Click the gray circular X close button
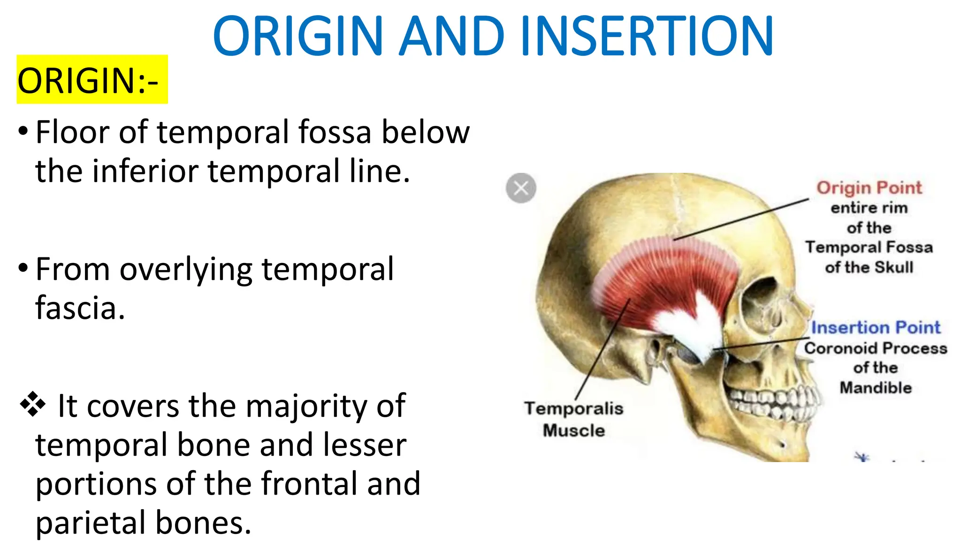(x=521, y=188)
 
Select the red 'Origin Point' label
(x=869, y=188)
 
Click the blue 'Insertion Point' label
(x=876, y=327)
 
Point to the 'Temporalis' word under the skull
(x=574, y=409)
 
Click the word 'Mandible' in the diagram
(x=876, y=388)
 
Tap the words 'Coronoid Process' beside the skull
(x=876, y=348)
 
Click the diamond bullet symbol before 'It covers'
(x=33, y=404)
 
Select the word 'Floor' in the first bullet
(x=73, y=132)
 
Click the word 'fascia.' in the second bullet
(x=80, y=308)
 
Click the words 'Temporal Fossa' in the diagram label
(x=869, y=247)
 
